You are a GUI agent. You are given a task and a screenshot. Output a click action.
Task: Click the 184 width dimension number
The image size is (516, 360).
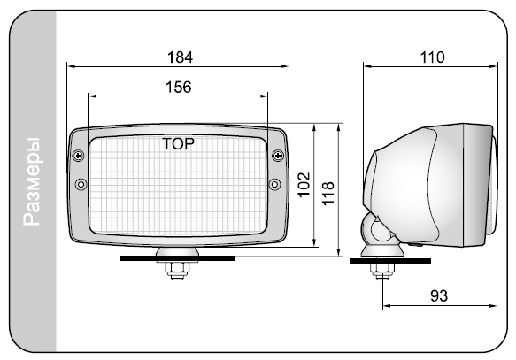tap(180, 57)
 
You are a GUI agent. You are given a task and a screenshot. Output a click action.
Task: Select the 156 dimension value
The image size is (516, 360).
tap(179, 87)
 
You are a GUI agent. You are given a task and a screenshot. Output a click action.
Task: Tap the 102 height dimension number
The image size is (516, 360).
tap(304, 185)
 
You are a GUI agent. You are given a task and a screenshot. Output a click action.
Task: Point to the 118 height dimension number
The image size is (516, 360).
tap(327, 194)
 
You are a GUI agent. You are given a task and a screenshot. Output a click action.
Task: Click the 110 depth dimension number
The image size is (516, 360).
tap(433, 57)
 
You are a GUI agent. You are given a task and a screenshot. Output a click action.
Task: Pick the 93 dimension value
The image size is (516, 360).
tap(439, 296)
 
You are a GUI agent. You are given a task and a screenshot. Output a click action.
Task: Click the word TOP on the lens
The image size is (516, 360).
tap(178, 144)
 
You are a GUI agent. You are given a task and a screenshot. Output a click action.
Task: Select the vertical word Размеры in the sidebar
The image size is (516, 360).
tap(32, 181)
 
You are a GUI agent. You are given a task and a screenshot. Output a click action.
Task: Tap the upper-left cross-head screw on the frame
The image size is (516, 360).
tap(78, 155)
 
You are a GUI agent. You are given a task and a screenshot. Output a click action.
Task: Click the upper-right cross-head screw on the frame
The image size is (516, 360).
tap(278, 155)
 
